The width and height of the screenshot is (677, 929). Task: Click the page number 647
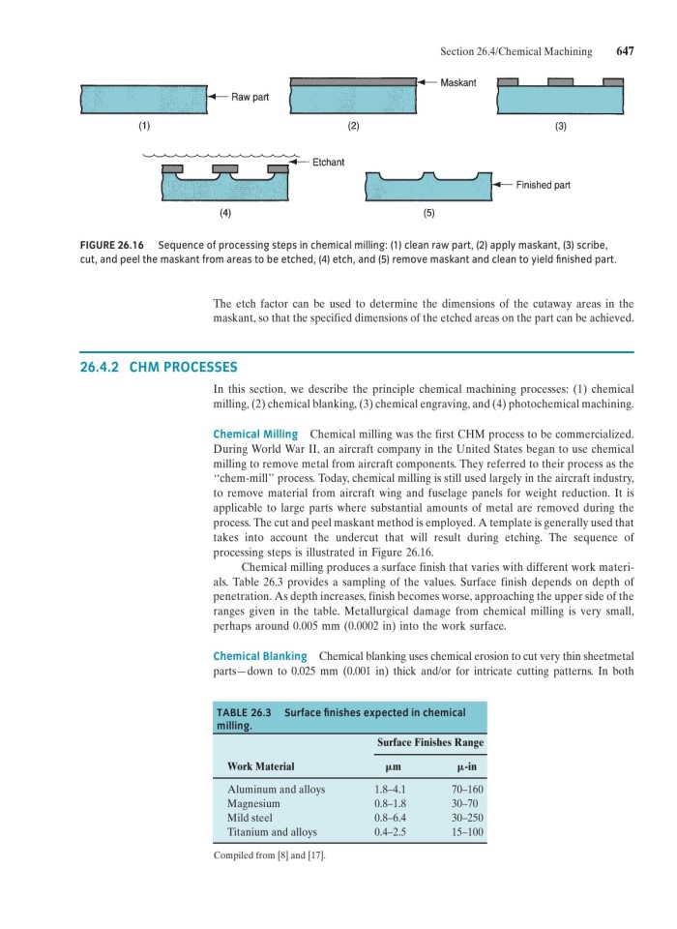point(625,51)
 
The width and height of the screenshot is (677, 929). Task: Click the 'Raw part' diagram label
point(250,98)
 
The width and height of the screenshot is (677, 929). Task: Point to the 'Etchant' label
point(328,162)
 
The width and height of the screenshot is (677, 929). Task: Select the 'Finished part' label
point(543,185)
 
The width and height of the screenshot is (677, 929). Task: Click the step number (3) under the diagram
point(559,127)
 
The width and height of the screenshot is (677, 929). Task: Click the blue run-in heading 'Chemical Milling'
point(254,435)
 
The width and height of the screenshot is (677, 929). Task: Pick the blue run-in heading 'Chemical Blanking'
point(259,656)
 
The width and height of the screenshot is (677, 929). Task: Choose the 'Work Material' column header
point(260,766)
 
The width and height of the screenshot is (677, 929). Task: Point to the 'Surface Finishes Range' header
point(428,742)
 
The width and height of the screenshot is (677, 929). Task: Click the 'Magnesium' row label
point(252,803)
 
